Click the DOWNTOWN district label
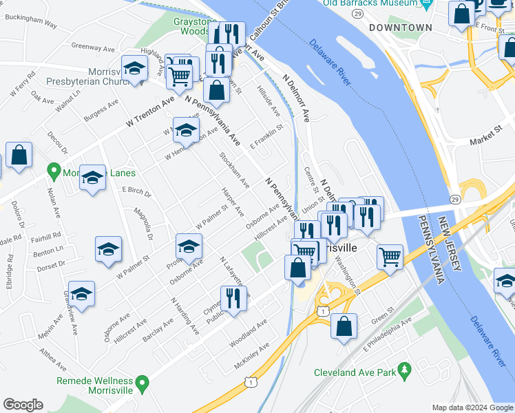(x=400, y=28)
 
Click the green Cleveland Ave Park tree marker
(x=405, y=371)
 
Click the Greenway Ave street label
(x=92, y=48)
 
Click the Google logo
(x=23, y=405)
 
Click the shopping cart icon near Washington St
(x=390, y=257)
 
